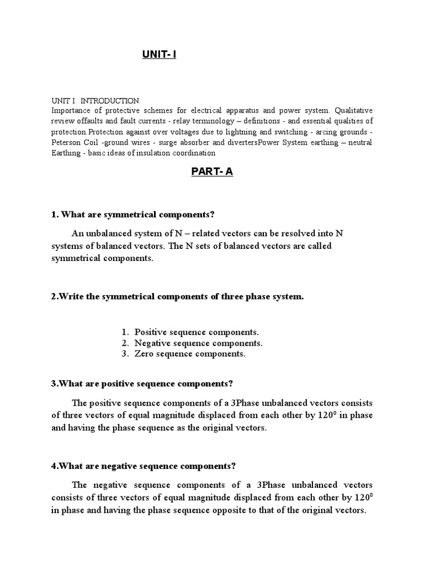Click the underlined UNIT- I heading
click(x=159, y=55)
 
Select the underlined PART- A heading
click(x=212, y=172)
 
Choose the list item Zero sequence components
click(x=190, y=354)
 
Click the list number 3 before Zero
click(x=125, y=354)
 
